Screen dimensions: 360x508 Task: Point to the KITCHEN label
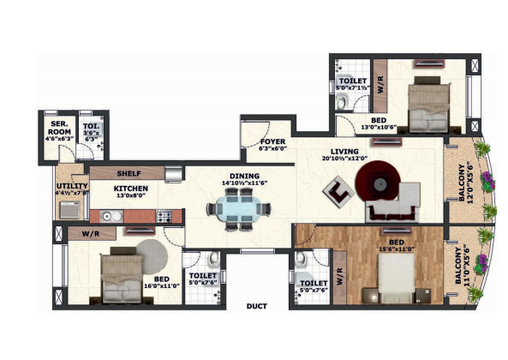coord(131,188)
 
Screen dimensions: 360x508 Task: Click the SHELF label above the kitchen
coord(129,172)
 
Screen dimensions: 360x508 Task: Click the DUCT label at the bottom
coord(255,304)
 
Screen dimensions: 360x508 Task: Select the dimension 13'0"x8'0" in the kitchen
coord(131,195)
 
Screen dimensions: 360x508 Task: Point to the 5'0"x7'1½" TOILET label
coord(352,83)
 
